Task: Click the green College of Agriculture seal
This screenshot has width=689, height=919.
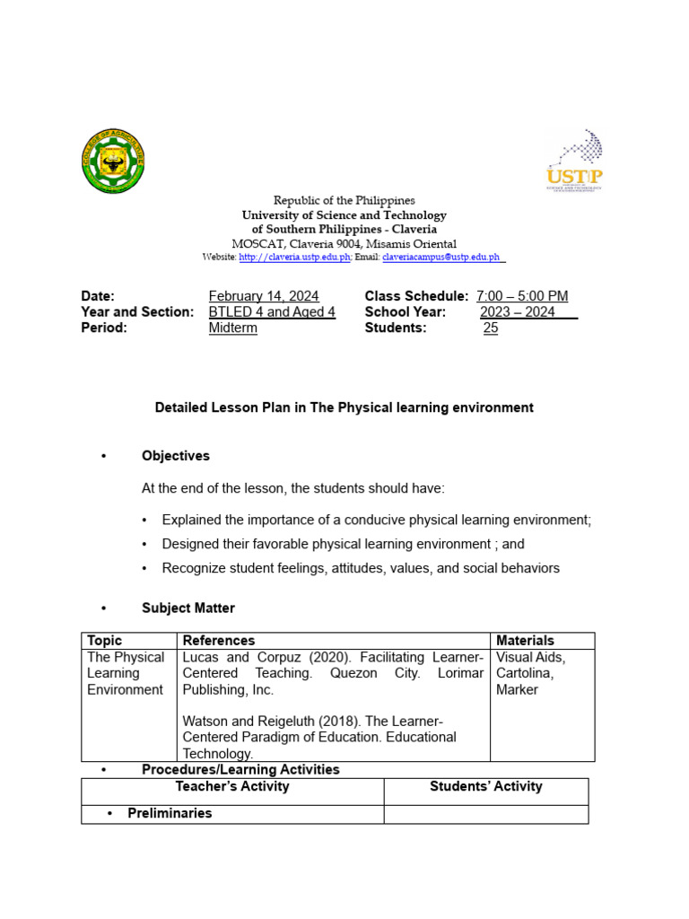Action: (112, 162)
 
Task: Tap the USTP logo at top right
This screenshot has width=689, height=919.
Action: (574, 161)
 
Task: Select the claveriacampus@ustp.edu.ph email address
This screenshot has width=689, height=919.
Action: (440, 257)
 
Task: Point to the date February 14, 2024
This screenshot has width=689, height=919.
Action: (263, 296)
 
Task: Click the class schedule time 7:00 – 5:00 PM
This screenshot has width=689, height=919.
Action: (522, 296)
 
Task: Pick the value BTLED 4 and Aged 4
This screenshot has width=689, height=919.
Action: (272, 312)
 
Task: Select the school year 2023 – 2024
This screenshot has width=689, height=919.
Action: (518, 312)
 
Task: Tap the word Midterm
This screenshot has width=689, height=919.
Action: (233, 328)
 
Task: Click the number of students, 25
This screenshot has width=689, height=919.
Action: (491, 328)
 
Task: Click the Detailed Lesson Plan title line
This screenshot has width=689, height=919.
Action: (344, 407)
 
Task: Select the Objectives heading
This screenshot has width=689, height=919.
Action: (176, 456)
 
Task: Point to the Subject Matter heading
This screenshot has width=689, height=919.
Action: (188, 608)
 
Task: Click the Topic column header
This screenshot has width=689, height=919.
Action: (105, 641)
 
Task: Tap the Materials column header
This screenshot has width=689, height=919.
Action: (525, 641)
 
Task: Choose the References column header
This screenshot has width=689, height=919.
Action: (219, 641)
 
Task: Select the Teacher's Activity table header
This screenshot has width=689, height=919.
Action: (232, 787)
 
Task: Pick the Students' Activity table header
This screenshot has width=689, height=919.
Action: (485, 787)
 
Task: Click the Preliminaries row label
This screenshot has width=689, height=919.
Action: (170, 813)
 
